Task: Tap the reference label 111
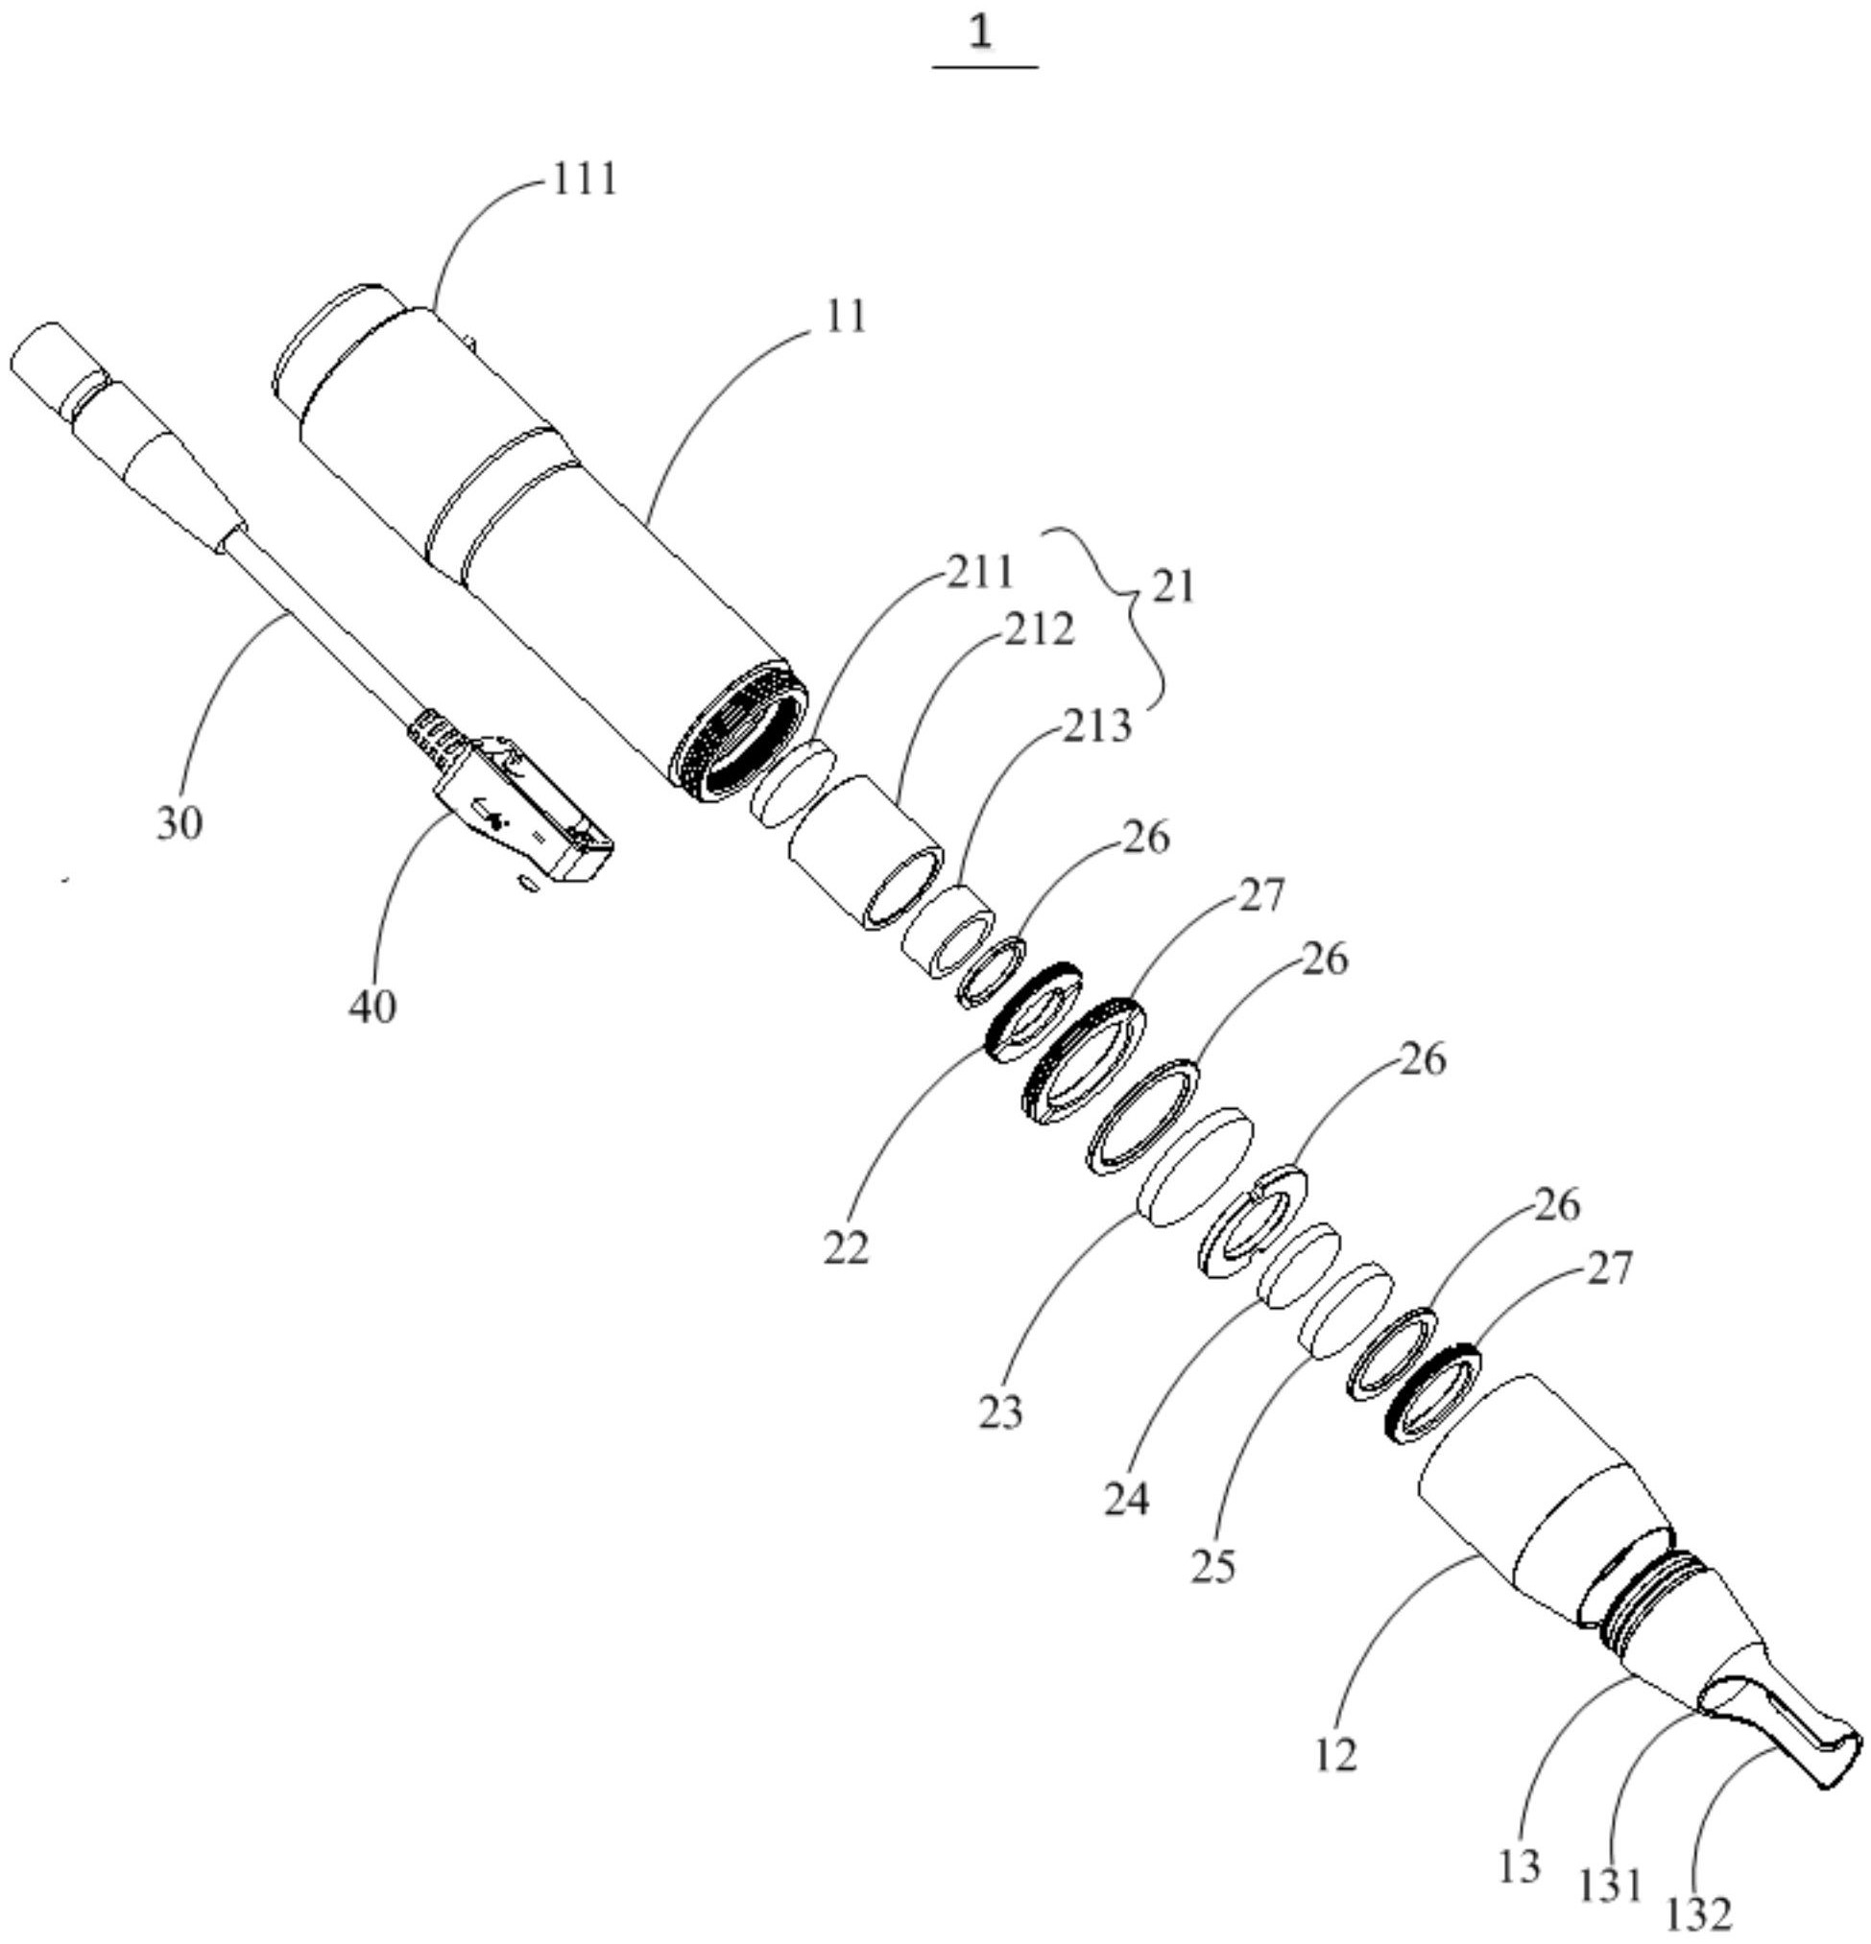(x=586, y=178)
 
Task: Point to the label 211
(x=979, y=571)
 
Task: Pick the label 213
(x=1096, y=726)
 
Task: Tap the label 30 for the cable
(x=179, y=822)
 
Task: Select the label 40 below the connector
(x=372, y=1006)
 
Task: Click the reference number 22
(x=845, y=1246)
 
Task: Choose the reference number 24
(x=1126, y=1498)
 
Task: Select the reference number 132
(x=1698, y=1912)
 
